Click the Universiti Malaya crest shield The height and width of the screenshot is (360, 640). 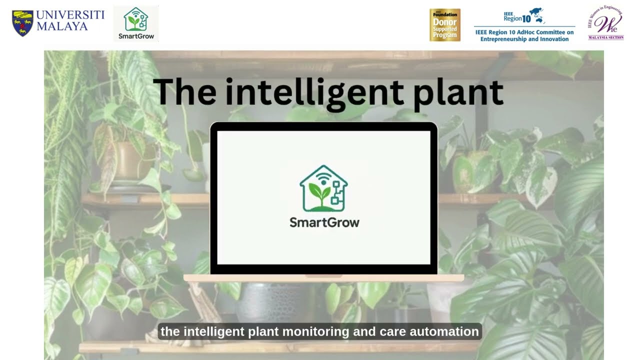pyautogui.click(x=22, y=23)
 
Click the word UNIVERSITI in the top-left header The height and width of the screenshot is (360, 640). pyautogui.click(x=70, y=15)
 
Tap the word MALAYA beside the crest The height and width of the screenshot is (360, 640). pyautogui.click(x=62, y=26)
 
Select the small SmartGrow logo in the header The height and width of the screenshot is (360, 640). pyautogui.click(x=136, y=23)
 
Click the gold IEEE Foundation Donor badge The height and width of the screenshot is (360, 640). pyautogui.click(x=444, y=24)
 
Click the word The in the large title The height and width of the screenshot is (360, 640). pyautogui.click(x=184, y=92)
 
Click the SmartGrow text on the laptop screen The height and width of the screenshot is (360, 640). pyautogui.click(x=324, y=222)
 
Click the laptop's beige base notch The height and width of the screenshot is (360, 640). pyautogui.click(x=323, y=276)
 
